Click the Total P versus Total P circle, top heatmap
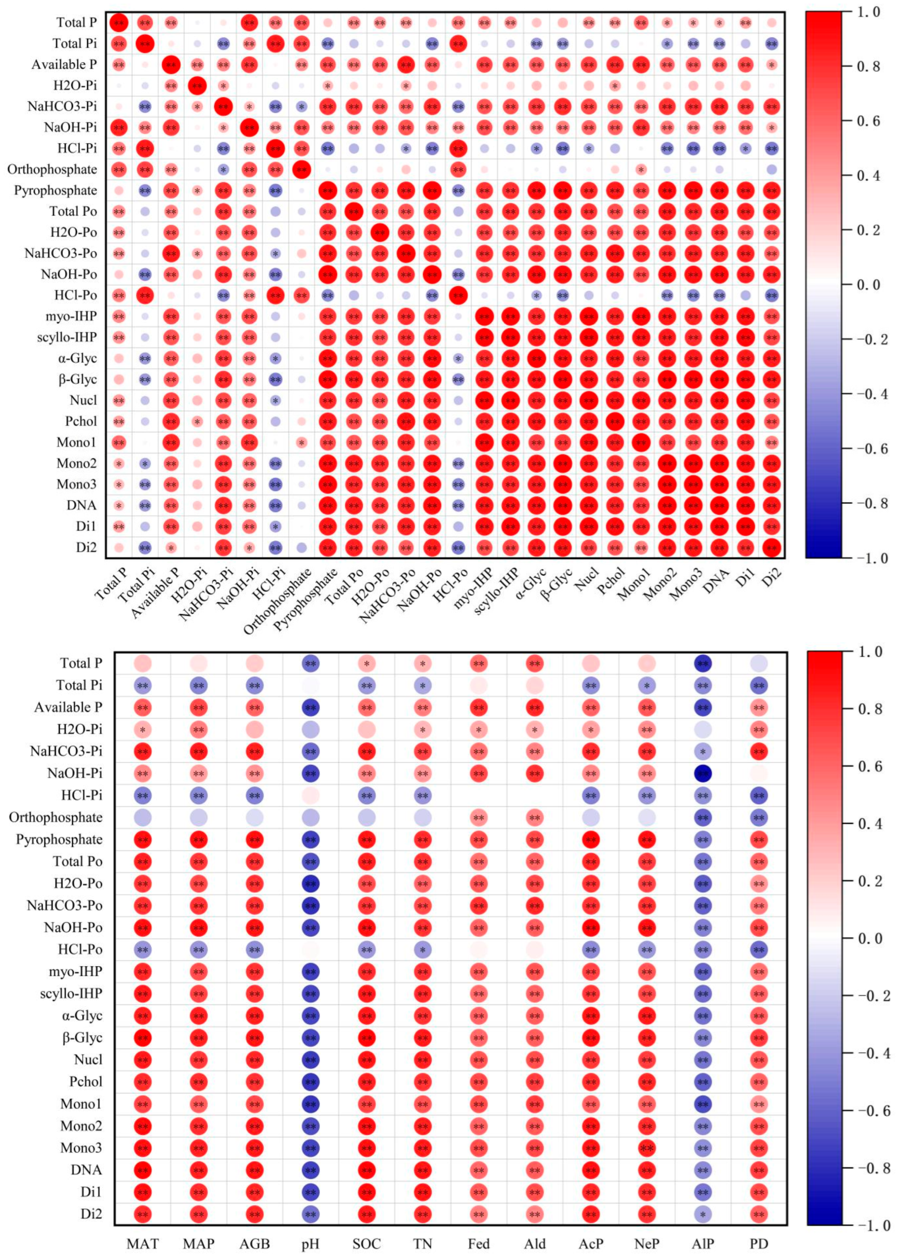tap(119, 23)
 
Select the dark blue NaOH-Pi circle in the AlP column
tap(703, 773)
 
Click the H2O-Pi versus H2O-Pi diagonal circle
tap(197, 86)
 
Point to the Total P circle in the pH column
tap(310, 663)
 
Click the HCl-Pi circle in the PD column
tap(759, 795)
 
